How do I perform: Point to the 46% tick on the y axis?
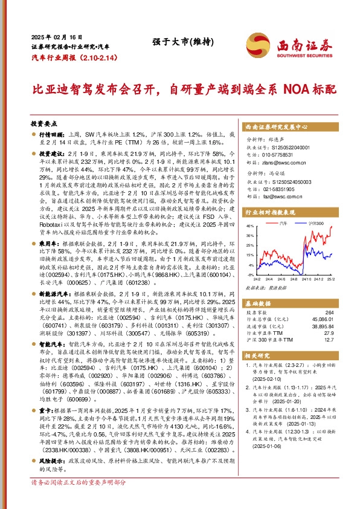[251, 227]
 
